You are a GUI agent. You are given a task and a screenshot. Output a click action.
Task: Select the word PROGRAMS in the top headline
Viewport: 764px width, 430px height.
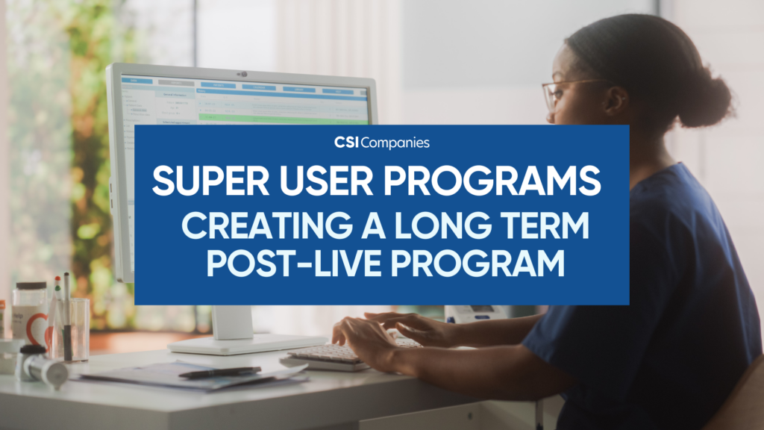[x=492, y=181]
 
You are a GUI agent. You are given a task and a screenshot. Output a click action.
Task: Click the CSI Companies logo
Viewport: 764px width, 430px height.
[x=382, y=142]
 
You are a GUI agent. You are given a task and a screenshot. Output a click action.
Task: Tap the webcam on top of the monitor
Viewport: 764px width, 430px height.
[x=242, y=74]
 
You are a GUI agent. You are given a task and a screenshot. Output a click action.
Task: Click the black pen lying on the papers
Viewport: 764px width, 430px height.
[x=219, y=371]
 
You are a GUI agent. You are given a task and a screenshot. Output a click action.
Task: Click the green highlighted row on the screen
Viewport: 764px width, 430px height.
[x=284, y=119]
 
